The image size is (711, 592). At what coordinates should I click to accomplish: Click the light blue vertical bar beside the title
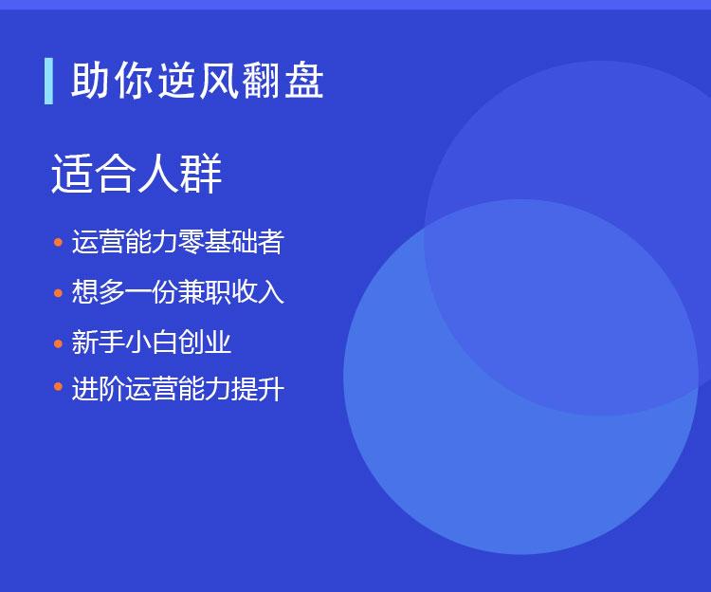[x=48, y=82]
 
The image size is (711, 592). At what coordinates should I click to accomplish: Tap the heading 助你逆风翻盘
[x=197, y=81]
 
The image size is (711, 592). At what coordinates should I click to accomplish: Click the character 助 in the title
[x=90, y=81]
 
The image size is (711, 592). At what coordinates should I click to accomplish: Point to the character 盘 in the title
[x=303, y=81]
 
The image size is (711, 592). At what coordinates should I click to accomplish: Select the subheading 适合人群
[x=137, y=174]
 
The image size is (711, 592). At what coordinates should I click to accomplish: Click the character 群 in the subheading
[x=201, y=174]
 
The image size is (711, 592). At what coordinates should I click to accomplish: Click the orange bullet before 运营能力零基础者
[x=58, y=242]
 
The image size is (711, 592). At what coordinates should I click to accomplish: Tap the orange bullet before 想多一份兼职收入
[x=58, y=293]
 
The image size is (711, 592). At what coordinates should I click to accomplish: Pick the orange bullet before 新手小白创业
[x=58, y=343]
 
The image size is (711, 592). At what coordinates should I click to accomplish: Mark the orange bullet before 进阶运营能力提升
[x=58, y=386]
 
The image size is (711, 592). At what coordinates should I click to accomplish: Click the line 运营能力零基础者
[x=178, y=241]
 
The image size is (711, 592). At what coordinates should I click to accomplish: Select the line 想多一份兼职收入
[x=178, y=291]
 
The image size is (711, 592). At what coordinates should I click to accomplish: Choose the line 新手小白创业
[x=152, y=342]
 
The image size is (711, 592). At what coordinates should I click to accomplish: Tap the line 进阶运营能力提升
[x=178, y=389]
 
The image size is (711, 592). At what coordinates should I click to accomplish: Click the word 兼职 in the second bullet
[x=205, y=291]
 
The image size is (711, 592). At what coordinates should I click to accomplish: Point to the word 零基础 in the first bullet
[x=218, y=241]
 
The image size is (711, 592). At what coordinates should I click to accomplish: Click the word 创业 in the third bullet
[x=205, y=342]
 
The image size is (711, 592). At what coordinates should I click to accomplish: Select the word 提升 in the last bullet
[x=258, y=389]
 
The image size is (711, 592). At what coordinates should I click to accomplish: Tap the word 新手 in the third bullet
[x=98, y=342]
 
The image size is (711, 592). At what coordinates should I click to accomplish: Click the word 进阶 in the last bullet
[x=98, y=389]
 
